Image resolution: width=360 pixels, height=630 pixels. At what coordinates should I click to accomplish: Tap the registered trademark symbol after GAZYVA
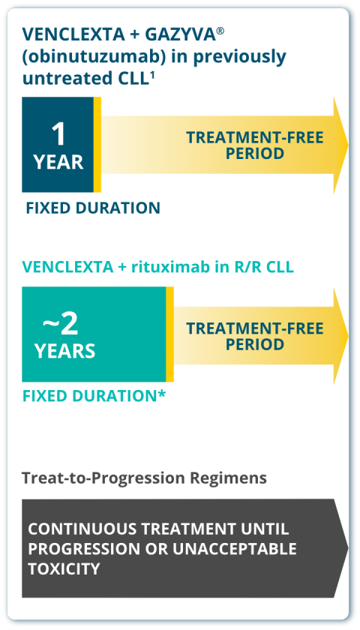(x=220, y=31)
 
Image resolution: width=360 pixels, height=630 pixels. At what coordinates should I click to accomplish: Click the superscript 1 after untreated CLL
(x=152, y=74)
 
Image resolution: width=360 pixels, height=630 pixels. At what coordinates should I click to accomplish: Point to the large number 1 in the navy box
(x=58, y=134)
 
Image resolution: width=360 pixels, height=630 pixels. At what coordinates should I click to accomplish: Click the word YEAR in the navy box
(x=58, y=162)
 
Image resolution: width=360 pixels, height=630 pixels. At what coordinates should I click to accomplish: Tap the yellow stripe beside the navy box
(x=97, y=145)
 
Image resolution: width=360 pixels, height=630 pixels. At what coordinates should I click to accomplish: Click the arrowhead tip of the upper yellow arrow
(x=348, y=145)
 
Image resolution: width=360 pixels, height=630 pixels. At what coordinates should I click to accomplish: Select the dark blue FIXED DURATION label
(x=93, y=208)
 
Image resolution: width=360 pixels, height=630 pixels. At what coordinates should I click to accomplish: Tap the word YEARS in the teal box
(x=64, y=351)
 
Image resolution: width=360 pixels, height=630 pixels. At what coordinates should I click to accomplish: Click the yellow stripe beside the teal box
(x=170, y=334)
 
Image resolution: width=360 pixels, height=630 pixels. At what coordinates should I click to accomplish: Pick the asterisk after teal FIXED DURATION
(x=161, y=394)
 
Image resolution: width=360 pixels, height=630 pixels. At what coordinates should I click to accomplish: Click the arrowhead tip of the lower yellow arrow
(x=348, y=335)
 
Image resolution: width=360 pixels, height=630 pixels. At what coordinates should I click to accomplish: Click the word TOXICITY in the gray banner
(x=64, y=568)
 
